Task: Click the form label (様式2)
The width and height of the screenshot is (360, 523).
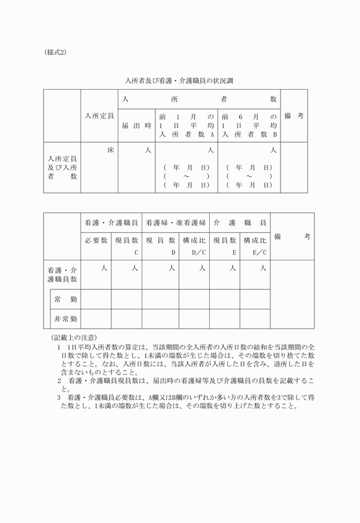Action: coord(55,52)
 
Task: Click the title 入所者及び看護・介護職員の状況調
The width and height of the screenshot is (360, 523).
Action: coord(179,81)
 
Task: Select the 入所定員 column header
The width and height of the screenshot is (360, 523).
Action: coord(99,116)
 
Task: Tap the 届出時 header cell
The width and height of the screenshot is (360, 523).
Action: coord(137,126)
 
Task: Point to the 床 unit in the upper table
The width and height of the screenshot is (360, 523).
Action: coord(111,150)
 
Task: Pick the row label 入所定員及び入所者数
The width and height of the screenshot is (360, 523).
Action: coord(62,167)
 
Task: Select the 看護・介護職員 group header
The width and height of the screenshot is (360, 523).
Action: coord(111,222)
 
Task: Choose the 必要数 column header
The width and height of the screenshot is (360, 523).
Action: coord(96,241)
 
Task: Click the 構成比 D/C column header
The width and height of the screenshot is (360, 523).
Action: coord(194,246)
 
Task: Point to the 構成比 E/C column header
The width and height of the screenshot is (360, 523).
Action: coord(255,246)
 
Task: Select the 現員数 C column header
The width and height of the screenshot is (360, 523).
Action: coord(126,246)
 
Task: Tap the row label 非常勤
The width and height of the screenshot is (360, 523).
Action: coord(66,319)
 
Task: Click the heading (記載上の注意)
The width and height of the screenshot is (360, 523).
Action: coord(74,338)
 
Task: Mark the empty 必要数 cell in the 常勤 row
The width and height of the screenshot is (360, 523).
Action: coord(96,299)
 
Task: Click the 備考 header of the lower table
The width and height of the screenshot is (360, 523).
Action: coord(292,236)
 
